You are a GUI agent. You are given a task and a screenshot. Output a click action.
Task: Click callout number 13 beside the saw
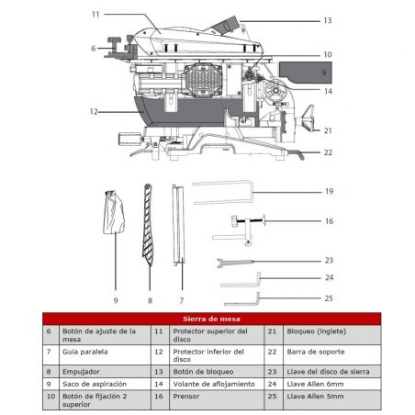coord(328,20)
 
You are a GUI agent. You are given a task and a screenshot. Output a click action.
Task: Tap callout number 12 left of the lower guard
coord(94,112)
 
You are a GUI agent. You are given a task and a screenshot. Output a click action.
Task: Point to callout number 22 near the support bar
coord(328,152)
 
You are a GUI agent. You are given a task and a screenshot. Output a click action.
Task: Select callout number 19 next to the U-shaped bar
coord(329,191)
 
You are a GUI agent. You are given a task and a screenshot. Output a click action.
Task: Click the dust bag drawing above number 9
coord(114,212)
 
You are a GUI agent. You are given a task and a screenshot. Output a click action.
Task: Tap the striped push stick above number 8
coord(148,225)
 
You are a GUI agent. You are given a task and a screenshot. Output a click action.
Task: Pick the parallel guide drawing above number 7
coord(178,225)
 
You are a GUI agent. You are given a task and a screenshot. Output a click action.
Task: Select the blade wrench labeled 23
coord(235,263)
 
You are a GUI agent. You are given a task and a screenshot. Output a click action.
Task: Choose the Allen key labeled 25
coord(242,299)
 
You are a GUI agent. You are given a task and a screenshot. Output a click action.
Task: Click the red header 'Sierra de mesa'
coord(211,319)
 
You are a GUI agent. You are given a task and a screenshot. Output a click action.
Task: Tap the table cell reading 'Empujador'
coord(81,372)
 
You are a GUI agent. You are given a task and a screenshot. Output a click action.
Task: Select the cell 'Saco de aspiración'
coord(95,384)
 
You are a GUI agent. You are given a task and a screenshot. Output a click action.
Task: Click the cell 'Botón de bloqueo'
coord(203,372)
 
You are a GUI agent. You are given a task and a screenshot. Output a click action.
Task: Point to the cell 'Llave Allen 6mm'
coord(315,384)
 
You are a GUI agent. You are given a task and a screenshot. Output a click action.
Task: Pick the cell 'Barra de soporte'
coord(316,352)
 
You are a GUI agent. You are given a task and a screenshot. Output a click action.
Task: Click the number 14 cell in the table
coord(159,384)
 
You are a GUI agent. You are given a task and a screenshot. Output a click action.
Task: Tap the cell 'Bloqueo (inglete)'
coord(317,331)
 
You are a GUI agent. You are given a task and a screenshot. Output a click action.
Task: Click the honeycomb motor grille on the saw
coord(203,80)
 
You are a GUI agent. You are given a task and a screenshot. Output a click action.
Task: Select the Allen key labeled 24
coord(241,280)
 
